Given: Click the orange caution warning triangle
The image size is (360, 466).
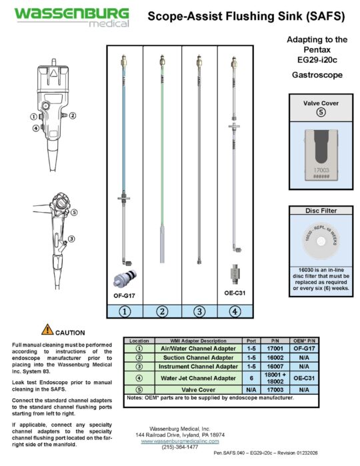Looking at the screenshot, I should (x=48, y=329).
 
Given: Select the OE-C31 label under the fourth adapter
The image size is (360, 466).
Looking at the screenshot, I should (x=234, y=293).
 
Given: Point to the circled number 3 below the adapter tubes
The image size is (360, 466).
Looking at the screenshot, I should (x=198, y=310).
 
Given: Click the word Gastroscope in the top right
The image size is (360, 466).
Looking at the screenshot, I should (x=317, y=75).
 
